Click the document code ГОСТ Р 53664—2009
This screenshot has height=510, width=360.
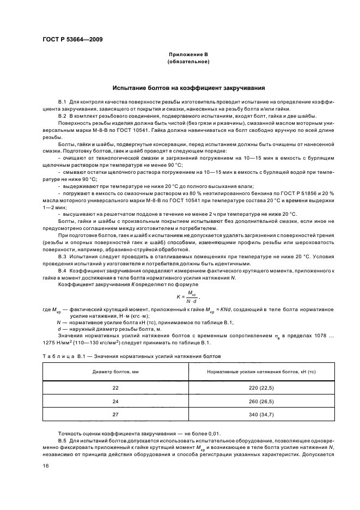coord(72,40)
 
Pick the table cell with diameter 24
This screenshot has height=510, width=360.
coord(115,400)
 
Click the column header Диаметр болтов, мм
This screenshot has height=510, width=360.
coord(115,372)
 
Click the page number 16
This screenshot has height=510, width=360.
coord(45,466)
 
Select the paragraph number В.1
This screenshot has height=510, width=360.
coord(62,102)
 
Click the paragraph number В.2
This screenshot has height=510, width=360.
coord(62,116)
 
